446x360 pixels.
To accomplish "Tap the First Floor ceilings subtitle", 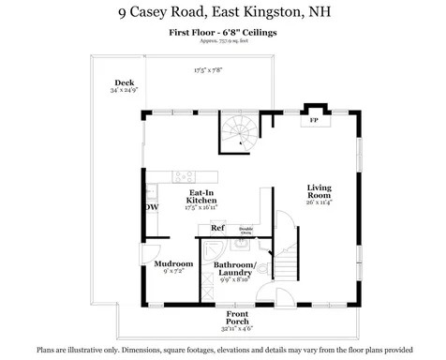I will click(x=222, y=32).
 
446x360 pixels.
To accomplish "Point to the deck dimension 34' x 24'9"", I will click(x=122, y=91).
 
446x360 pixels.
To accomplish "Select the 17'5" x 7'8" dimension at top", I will click(x=208, y=69).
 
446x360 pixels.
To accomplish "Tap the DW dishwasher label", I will click(x=151, y=207).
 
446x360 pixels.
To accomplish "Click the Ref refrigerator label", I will click(x=216, y=228).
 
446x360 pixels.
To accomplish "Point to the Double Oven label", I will click(x=245, y=230).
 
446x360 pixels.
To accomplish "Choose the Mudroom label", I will click(x=173, y=263).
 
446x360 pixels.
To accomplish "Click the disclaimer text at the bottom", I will click(x=222, y=349).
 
